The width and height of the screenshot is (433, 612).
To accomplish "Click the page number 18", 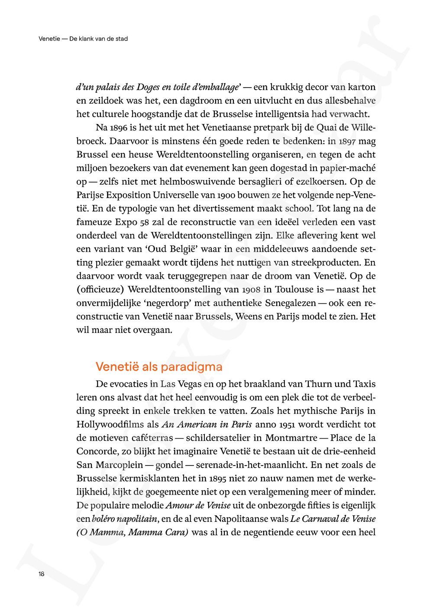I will (x=41, y=574).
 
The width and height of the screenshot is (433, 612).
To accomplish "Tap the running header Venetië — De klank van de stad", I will (x=83, y=39).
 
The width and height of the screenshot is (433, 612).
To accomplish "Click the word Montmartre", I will (x=291, y=438).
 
